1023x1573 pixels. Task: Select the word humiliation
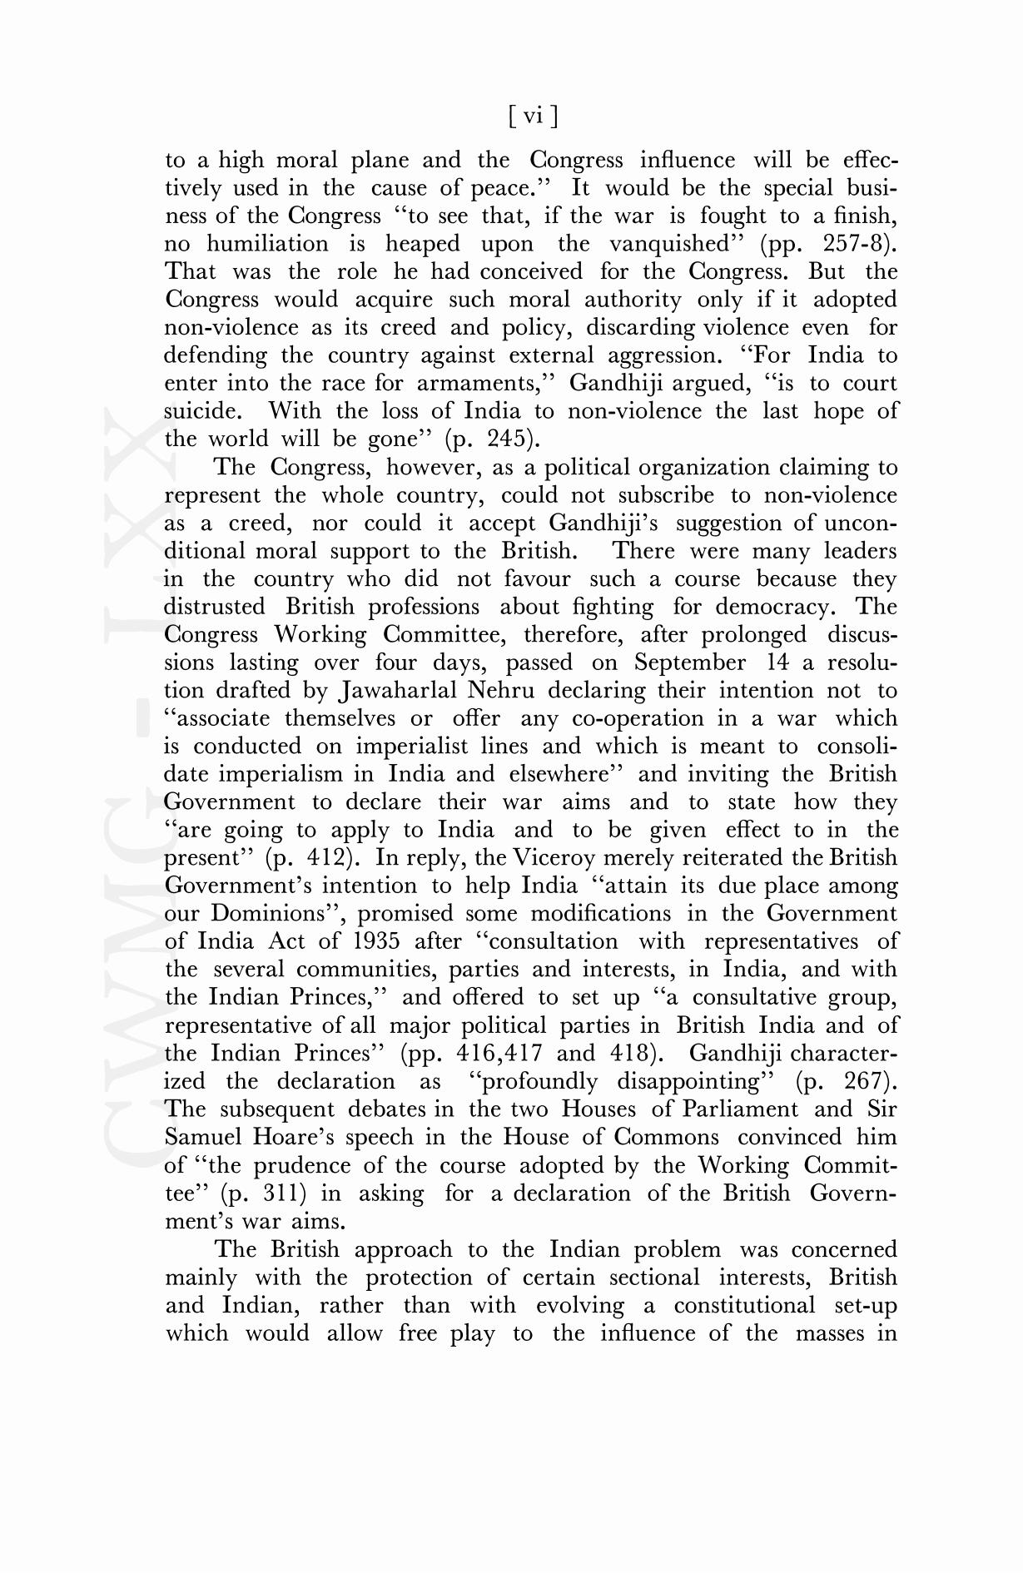pos(267,244)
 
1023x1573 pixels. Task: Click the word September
pos(690,663)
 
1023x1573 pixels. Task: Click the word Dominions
pos(277,914)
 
